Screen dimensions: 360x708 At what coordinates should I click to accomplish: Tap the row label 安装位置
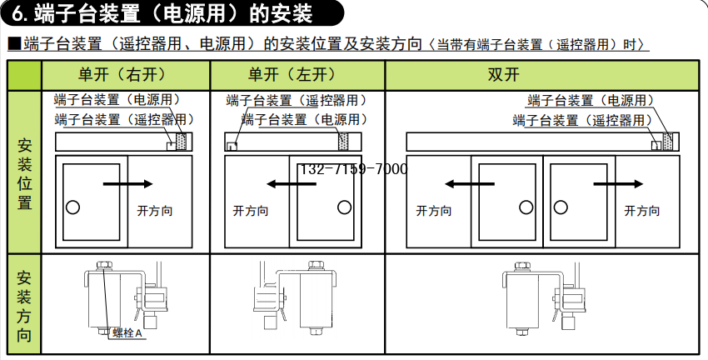point(25,172)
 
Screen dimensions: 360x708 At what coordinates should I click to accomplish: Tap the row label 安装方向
point(25,306)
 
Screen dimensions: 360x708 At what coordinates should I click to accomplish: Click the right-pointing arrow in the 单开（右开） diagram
point(128,183)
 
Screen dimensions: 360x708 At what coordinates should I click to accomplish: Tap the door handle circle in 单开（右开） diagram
point(73,206)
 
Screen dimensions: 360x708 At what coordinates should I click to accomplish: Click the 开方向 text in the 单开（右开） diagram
point(154,211)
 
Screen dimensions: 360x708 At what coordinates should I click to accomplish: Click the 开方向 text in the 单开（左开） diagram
point(251,211)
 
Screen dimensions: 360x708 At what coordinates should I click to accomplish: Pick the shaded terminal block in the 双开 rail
point(668,142)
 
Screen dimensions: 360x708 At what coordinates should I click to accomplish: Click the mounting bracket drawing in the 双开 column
point(539,300)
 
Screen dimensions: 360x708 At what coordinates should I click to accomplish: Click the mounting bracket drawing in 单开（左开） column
point(296,300)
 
